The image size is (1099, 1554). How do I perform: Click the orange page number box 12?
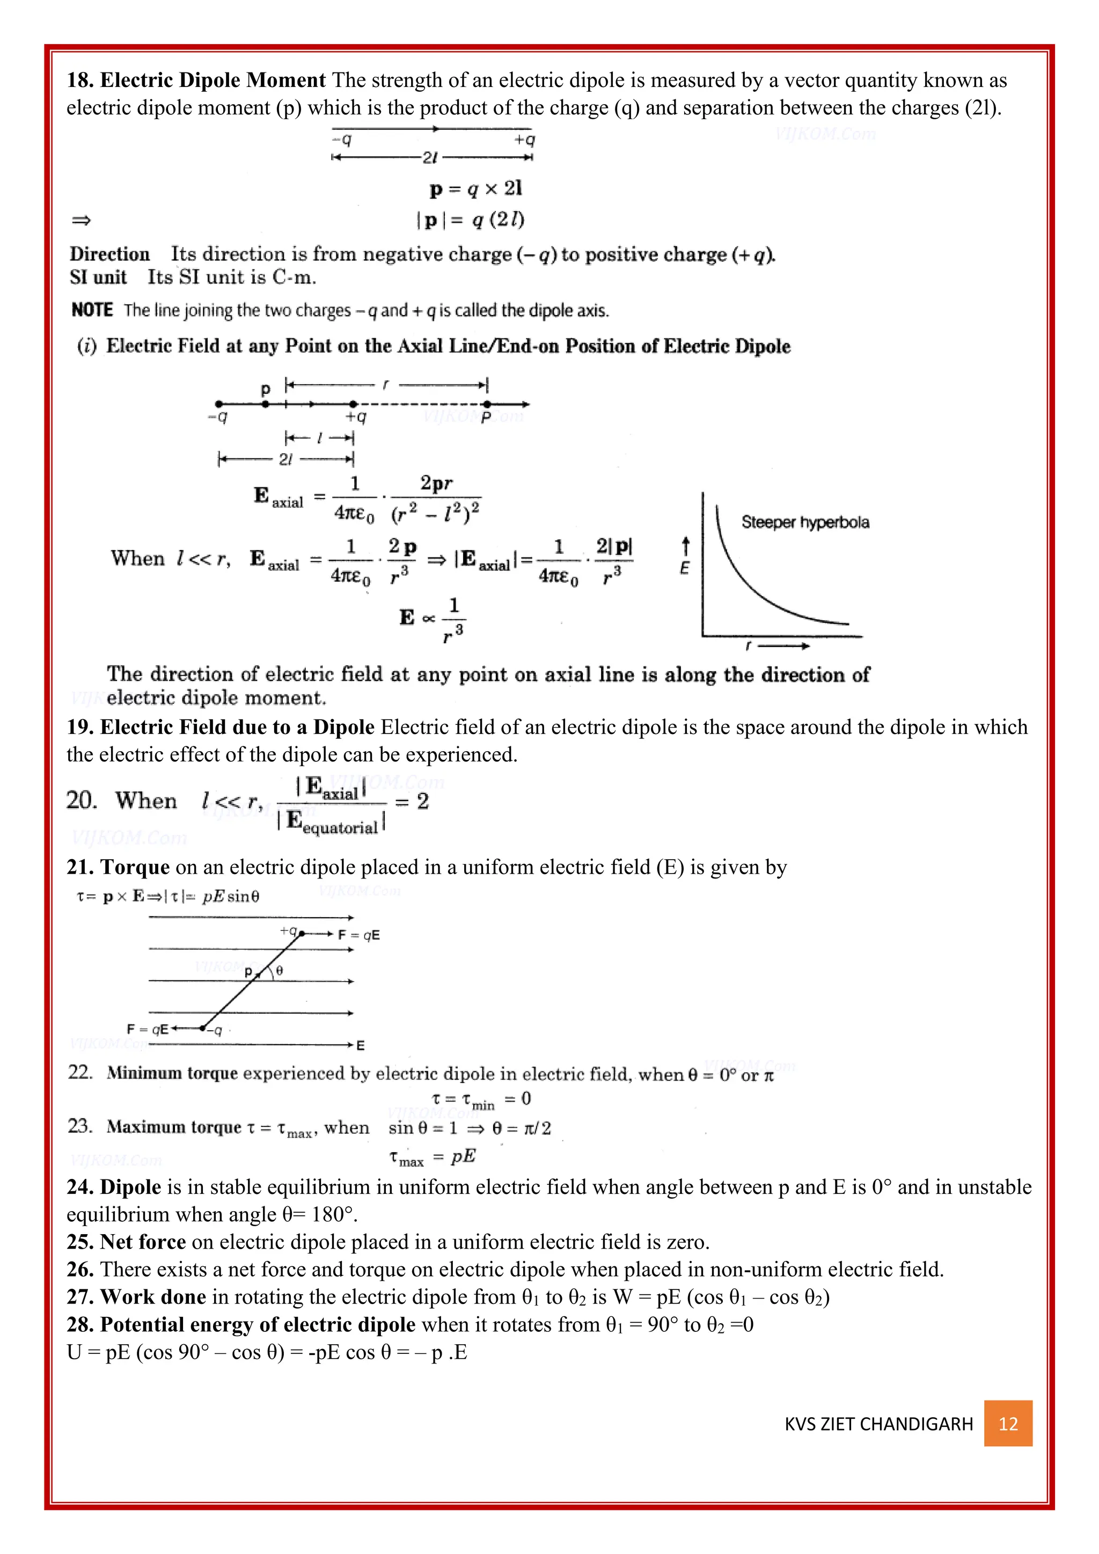(x=1008, y=1424)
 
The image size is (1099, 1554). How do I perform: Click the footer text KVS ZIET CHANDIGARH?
(x=878, y=1424)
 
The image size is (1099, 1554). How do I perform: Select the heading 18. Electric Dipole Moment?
(x=196, y=80)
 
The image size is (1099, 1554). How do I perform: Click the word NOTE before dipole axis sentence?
(x=92, y=310)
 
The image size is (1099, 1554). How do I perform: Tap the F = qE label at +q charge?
(x=358, y=935)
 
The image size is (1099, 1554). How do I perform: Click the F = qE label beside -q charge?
(x=148, y=1029)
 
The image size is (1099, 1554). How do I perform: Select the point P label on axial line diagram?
(x=485, y=417)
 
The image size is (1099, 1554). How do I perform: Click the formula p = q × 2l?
(x=476, y=188)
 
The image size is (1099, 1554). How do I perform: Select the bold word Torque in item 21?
(x=135, y=867)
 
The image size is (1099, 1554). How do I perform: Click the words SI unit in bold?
(x=98, y=277)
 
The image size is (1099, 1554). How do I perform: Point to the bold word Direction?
(x=109, y=254)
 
